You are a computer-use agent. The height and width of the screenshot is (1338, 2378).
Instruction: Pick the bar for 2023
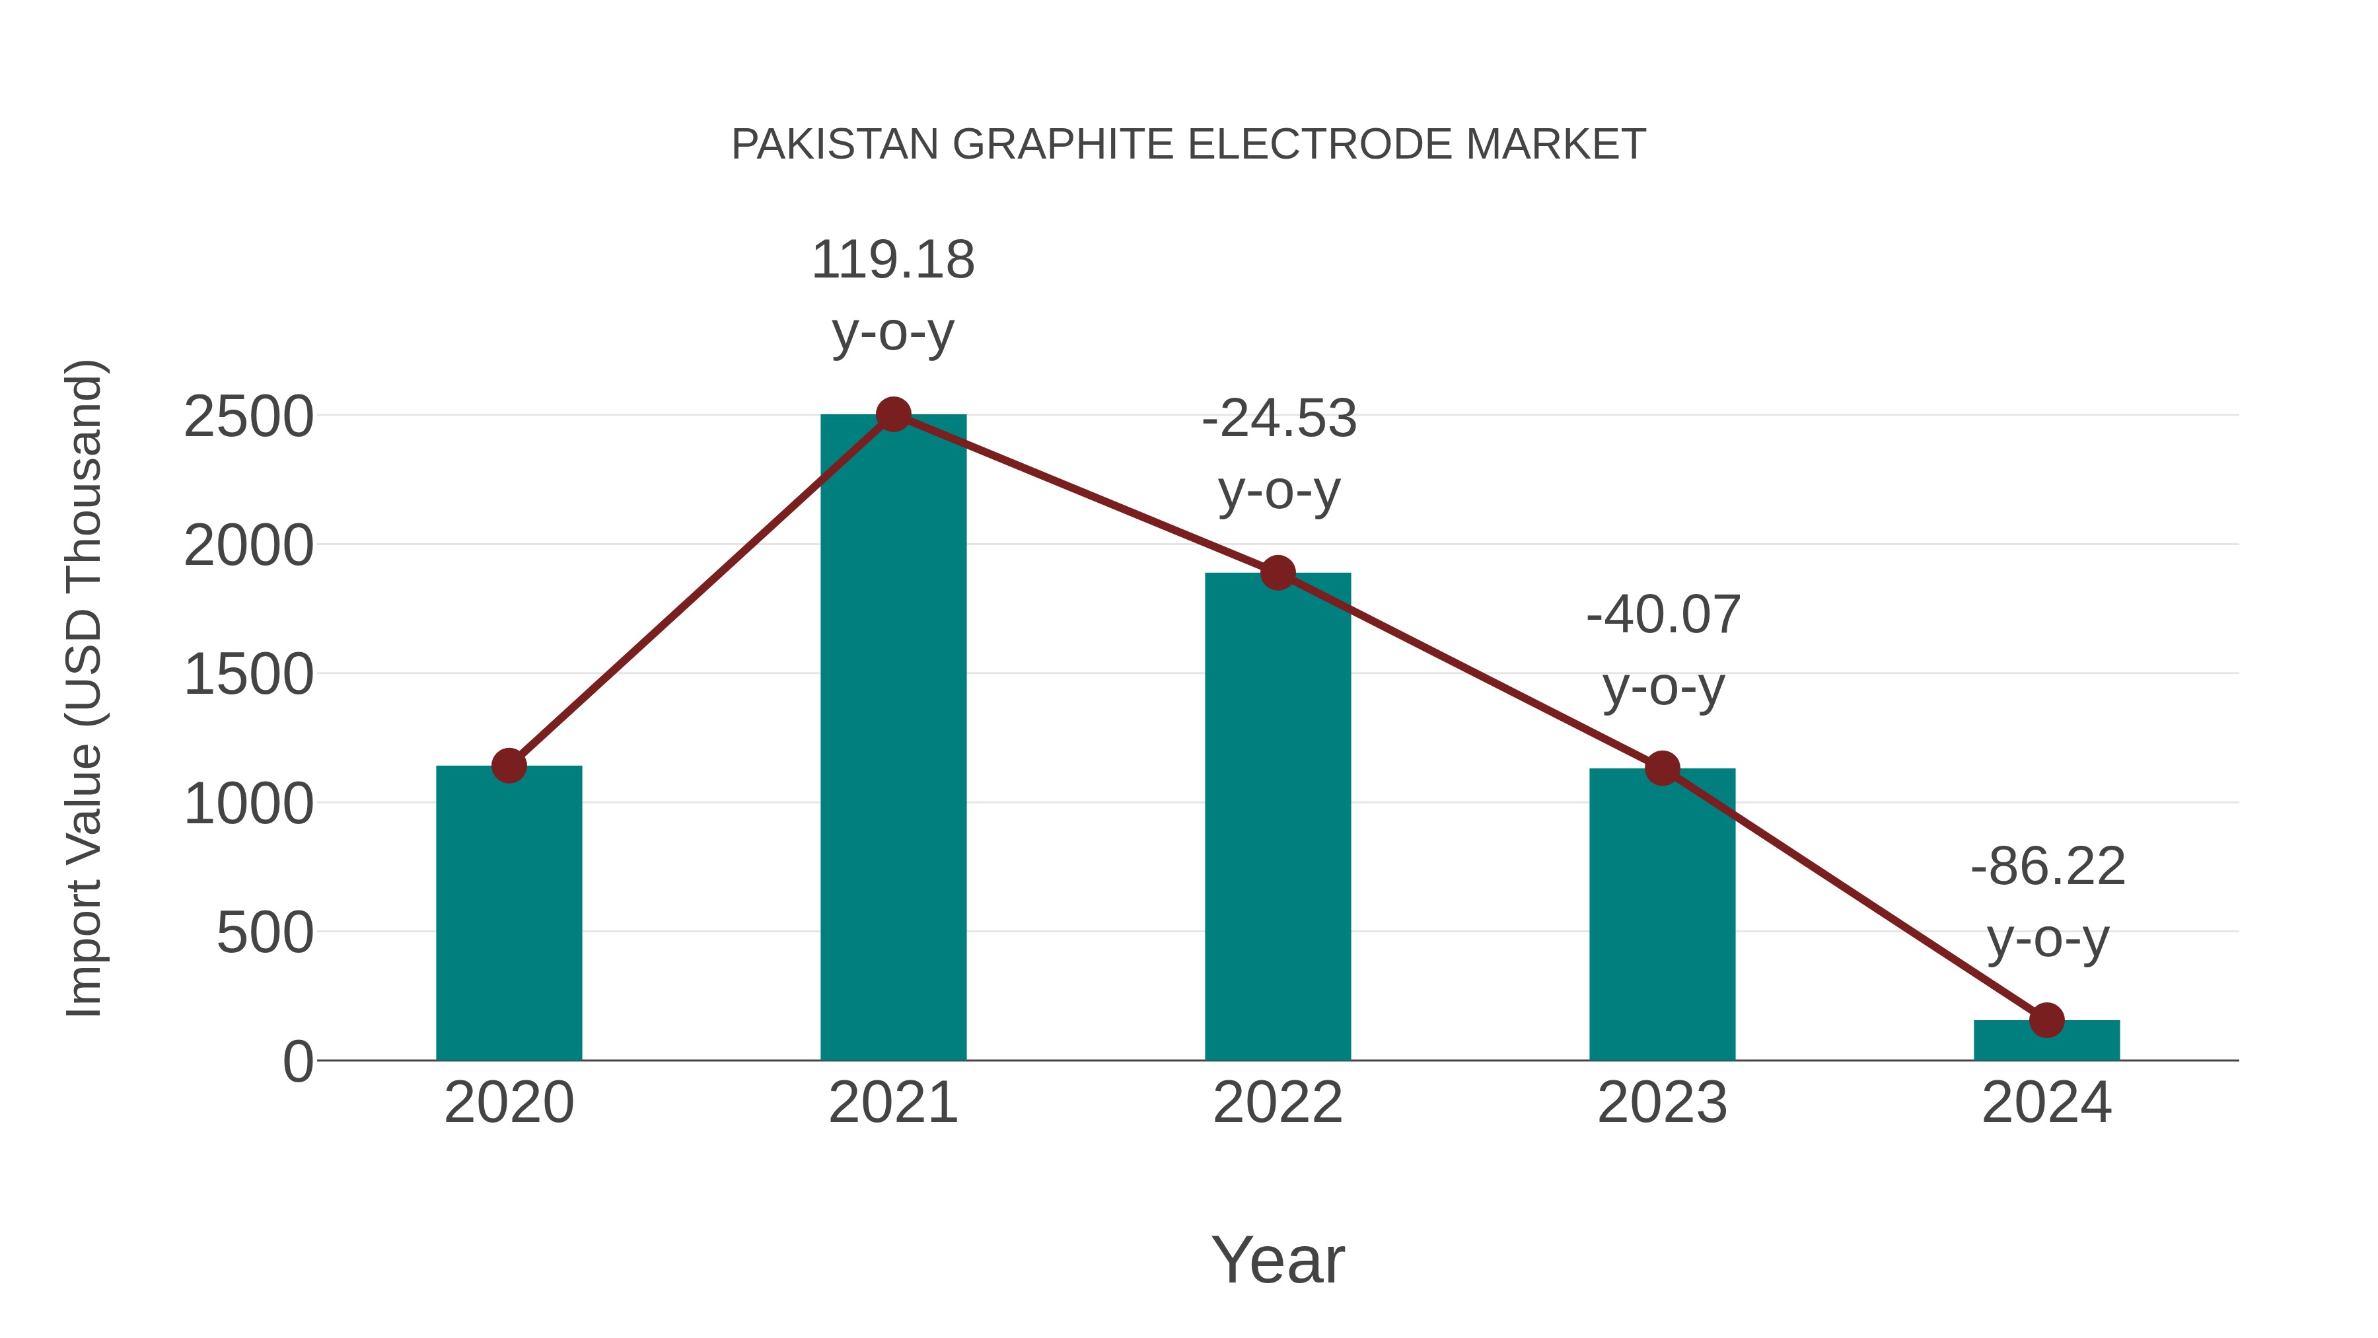[x=1662, y=914]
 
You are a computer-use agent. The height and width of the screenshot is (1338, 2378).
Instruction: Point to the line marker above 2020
[x=509, y=766]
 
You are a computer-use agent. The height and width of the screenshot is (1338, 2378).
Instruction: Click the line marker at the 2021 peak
[x=892, y=414]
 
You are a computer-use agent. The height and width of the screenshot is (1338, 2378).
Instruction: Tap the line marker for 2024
[x=2046, y=1020]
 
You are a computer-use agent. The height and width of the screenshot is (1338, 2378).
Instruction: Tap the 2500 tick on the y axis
[x=248, y=418]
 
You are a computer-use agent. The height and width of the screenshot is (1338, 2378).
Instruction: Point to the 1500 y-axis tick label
[x=248, y=675]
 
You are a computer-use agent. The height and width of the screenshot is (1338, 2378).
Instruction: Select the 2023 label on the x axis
[x=1662, y=1103]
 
